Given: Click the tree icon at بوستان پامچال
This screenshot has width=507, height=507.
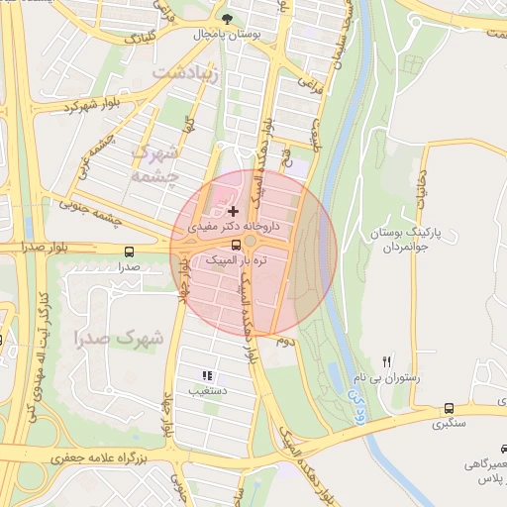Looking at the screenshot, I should click(229, 19).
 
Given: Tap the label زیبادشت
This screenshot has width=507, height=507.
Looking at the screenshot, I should click(181, 73).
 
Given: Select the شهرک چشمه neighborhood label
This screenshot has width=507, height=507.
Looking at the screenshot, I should click(155, 163).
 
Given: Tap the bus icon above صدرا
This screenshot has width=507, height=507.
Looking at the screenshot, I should click(130, 252).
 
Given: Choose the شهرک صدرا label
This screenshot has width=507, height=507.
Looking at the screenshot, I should click(118, 338).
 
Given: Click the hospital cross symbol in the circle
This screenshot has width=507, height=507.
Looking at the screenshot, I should click(233, 211).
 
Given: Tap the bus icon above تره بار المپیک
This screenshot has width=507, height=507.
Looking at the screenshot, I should click(236, 245).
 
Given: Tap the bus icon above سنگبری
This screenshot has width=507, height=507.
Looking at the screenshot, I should click(450, 408).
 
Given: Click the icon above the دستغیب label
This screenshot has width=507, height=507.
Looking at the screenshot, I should click(207, 375).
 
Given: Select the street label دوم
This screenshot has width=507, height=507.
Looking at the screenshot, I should click(284, 341).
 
